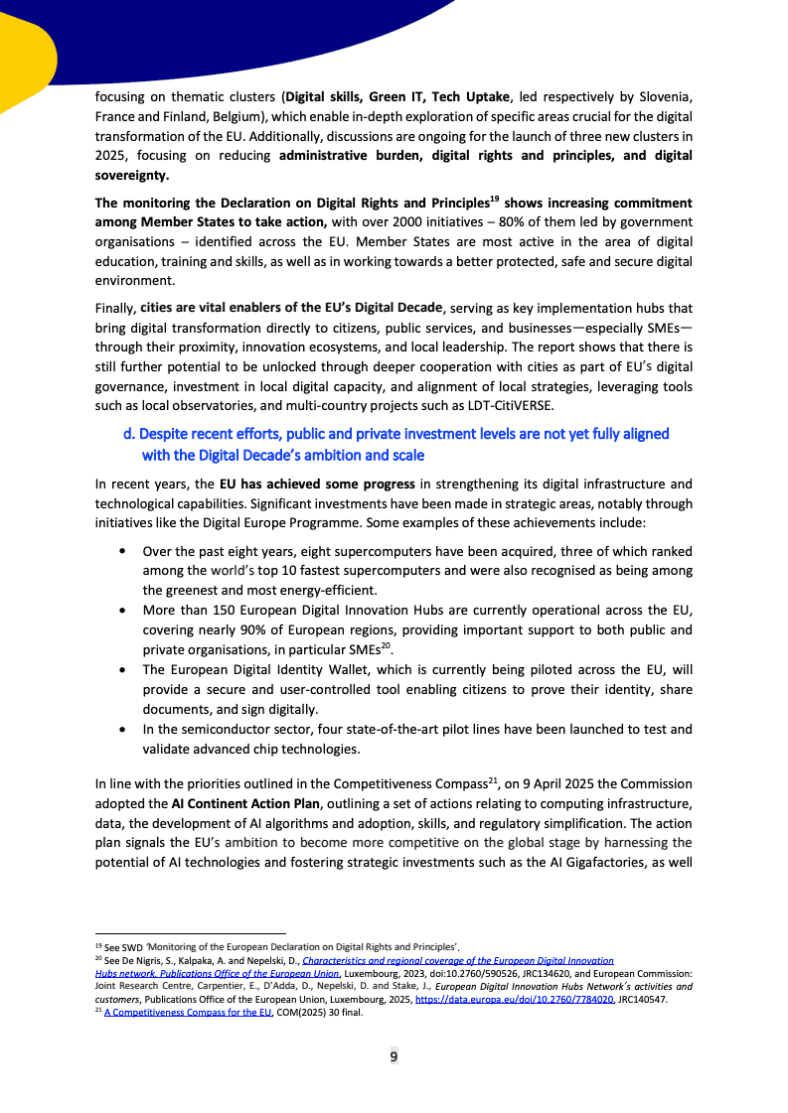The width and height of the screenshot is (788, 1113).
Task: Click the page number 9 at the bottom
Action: pyautogui.click(x=394, y=1055)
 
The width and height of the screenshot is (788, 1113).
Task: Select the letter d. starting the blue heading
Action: pyautogui.click(x=129, y=434)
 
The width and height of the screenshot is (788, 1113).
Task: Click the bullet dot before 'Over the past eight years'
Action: pyautogui.click(x=121, y=551)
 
